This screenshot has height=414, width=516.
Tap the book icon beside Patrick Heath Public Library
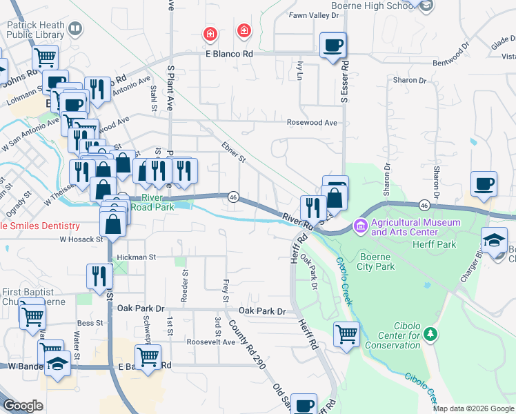(x=75, y=29)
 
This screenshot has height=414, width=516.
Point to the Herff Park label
(x=434, y=244)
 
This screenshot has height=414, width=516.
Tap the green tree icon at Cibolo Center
(x=431, y=334)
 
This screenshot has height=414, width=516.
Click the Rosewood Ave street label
(x=312, y=122)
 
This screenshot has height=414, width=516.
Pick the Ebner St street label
(x=234, y=152)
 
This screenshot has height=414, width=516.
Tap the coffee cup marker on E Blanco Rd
(x=333, y=45)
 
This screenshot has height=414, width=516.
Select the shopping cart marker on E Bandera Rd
(x=148, y=357)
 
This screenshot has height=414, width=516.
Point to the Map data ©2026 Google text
(x=473, y=408)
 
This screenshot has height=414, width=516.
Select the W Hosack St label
(x=81, y=239)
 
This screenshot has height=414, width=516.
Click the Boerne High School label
(x=373, y=6)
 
